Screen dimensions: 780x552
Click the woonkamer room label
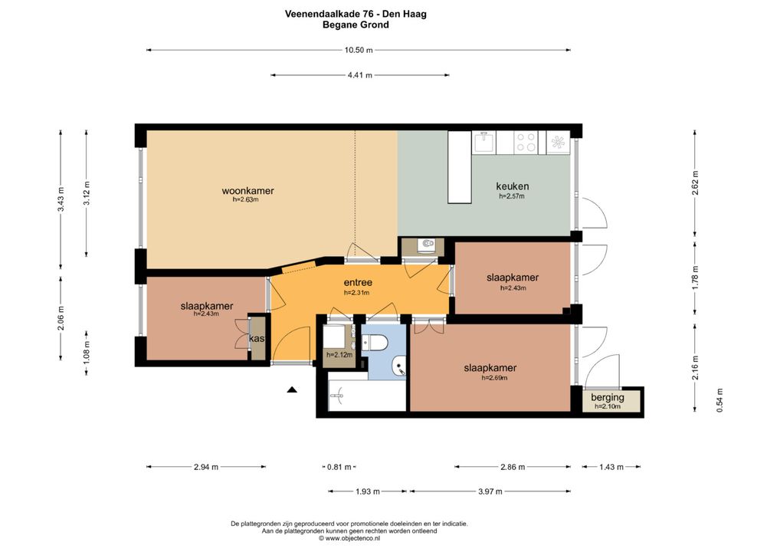[x=247, y=191]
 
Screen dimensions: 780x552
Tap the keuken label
[x=513, y=186]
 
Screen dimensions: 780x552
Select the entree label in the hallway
[x=358, y=283]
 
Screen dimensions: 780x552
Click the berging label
[x=608, y=397]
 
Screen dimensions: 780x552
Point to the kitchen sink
[x=484, y=142]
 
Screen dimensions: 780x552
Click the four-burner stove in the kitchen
[x=526, y=142]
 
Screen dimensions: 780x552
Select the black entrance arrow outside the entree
[x=292, y=389]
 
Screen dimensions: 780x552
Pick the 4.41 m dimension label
[x=359, y=75]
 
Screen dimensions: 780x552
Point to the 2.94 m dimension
[x=206, y=467]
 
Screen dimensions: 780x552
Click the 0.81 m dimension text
[x=339, y=467]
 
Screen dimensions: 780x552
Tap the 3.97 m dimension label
[x=490, y=491]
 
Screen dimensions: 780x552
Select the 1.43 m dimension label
[x=611, y=467]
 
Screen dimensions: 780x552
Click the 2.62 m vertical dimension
[x=696, y=183]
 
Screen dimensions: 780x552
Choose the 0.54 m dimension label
[x=719, y=400]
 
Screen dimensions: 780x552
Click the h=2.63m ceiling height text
[x=246, y=199]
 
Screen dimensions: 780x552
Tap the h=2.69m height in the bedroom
[x=494, y=378]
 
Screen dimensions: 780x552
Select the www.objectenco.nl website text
[x=352, y=538]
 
